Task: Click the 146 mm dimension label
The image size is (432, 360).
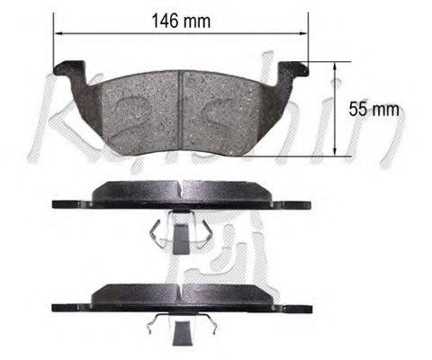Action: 183,22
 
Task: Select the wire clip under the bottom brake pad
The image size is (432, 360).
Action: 181,328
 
